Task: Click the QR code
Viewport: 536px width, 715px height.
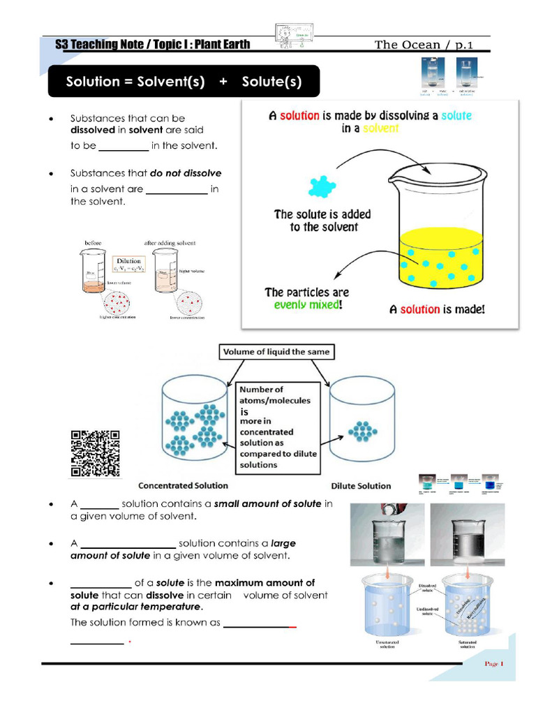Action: [x=95, y=454]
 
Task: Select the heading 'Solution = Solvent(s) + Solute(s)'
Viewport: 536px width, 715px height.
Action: [x=184, y=82]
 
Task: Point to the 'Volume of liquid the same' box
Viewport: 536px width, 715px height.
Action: [x=276, y=353]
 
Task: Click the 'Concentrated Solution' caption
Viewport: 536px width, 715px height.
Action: [x=183, y=485]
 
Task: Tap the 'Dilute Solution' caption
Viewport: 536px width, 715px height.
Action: [x=360, y=486]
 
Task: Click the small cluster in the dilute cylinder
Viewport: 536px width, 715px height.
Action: [x=360, y=430]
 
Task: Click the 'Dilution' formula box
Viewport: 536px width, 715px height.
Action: [x=128, y=265]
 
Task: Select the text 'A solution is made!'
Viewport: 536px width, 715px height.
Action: [x=436, y=309]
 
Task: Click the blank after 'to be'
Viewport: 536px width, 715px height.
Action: [x=124, y=147]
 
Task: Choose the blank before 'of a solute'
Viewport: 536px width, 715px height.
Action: [x=100, y=583]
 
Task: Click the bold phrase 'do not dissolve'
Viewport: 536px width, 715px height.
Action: [x=186, y=173]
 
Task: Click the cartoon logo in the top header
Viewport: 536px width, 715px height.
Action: [x=292, y=35]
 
